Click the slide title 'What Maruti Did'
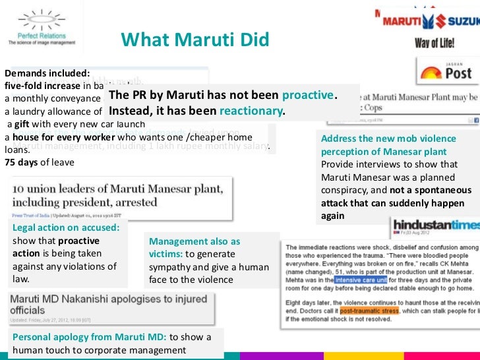[x=195, y=40]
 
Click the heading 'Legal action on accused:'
[x=66, y=227]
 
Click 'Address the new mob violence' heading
[x=388, y=138]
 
